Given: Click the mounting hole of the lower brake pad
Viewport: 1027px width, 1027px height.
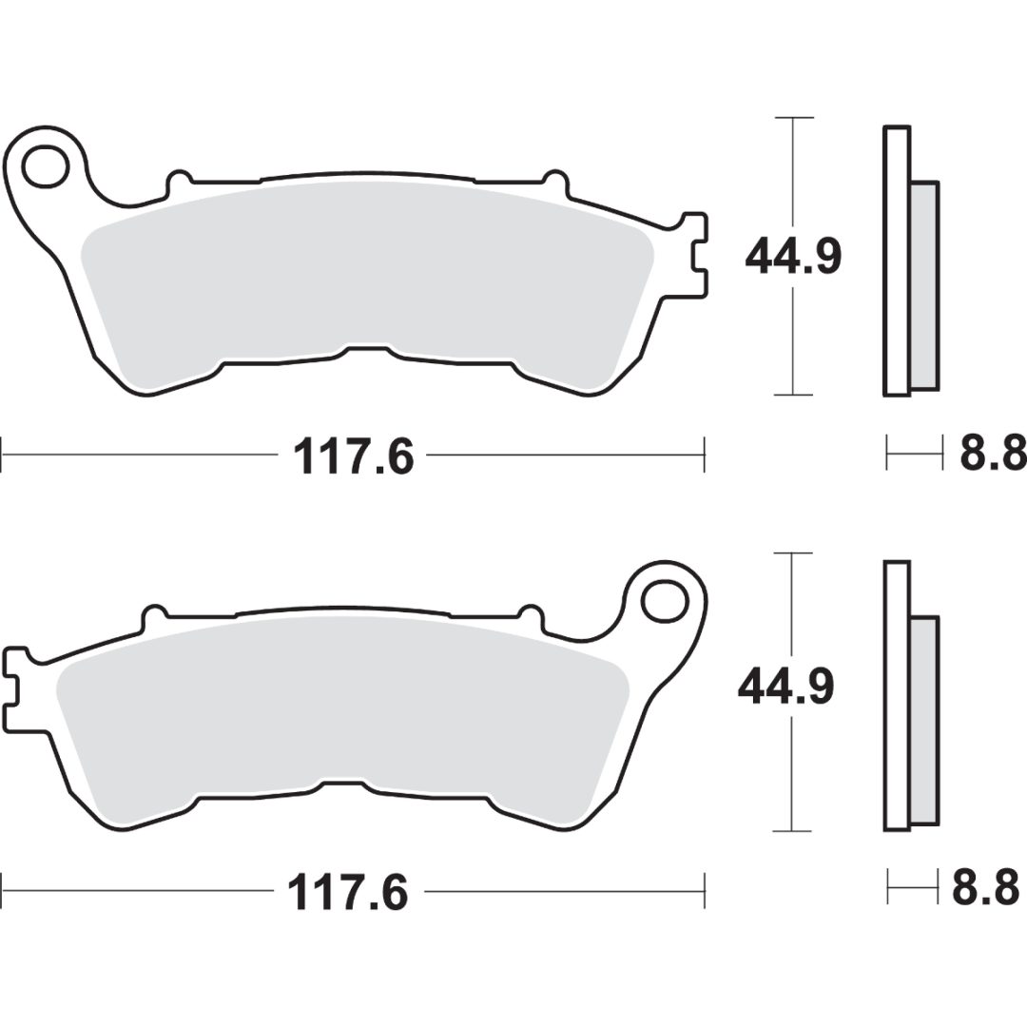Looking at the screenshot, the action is [x=665, y=601].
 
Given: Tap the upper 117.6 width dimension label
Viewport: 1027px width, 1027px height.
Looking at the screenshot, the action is [x=354, y=456].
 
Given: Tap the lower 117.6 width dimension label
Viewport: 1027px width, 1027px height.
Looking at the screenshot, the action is [x=348, y=891].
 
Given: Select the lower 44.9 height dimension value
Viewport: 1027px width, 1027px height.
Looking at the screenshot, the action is [x=786, y=688].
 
